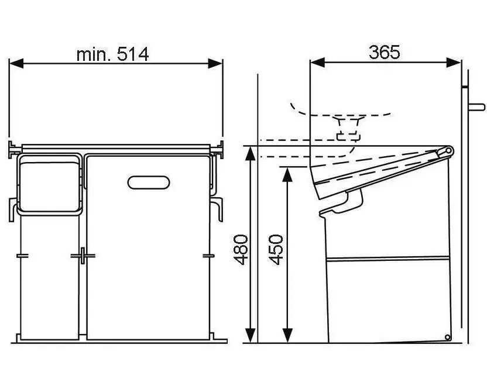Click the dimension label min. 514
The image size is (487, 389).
click(x=112, y=54)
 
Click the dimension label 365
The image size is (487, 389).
click(x=384, y=52)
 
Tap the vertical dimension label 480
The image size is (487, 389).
click(x=241, y=250)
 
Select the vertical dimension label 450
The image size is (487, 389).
click(x=276, y=250)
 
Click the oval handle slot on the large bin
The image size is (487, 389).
click(x=149, y=183)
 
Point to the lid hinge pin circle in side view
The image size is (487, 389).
click(x=448, y=151)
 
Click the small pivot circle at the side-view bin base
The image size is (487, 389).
click(x=447, y=338)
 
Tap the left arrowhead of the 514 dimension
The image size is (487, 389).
click(x=16, y=63)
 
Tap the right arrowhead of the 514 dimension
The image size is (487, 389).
click(x=215, y=63)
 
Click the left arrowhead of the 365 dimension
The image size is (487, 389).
click(x=317, y=63)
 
